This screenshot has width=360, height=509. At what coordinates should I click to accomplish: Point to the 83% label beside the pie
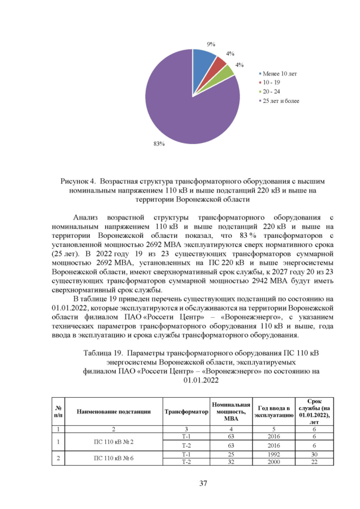click(159, 144)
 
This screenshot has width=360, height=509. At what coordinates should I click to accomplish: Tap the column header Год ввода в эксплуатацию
click(273, 411)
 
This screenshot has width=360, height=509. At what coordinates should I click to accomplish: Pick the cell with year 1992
click(273, 453)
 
